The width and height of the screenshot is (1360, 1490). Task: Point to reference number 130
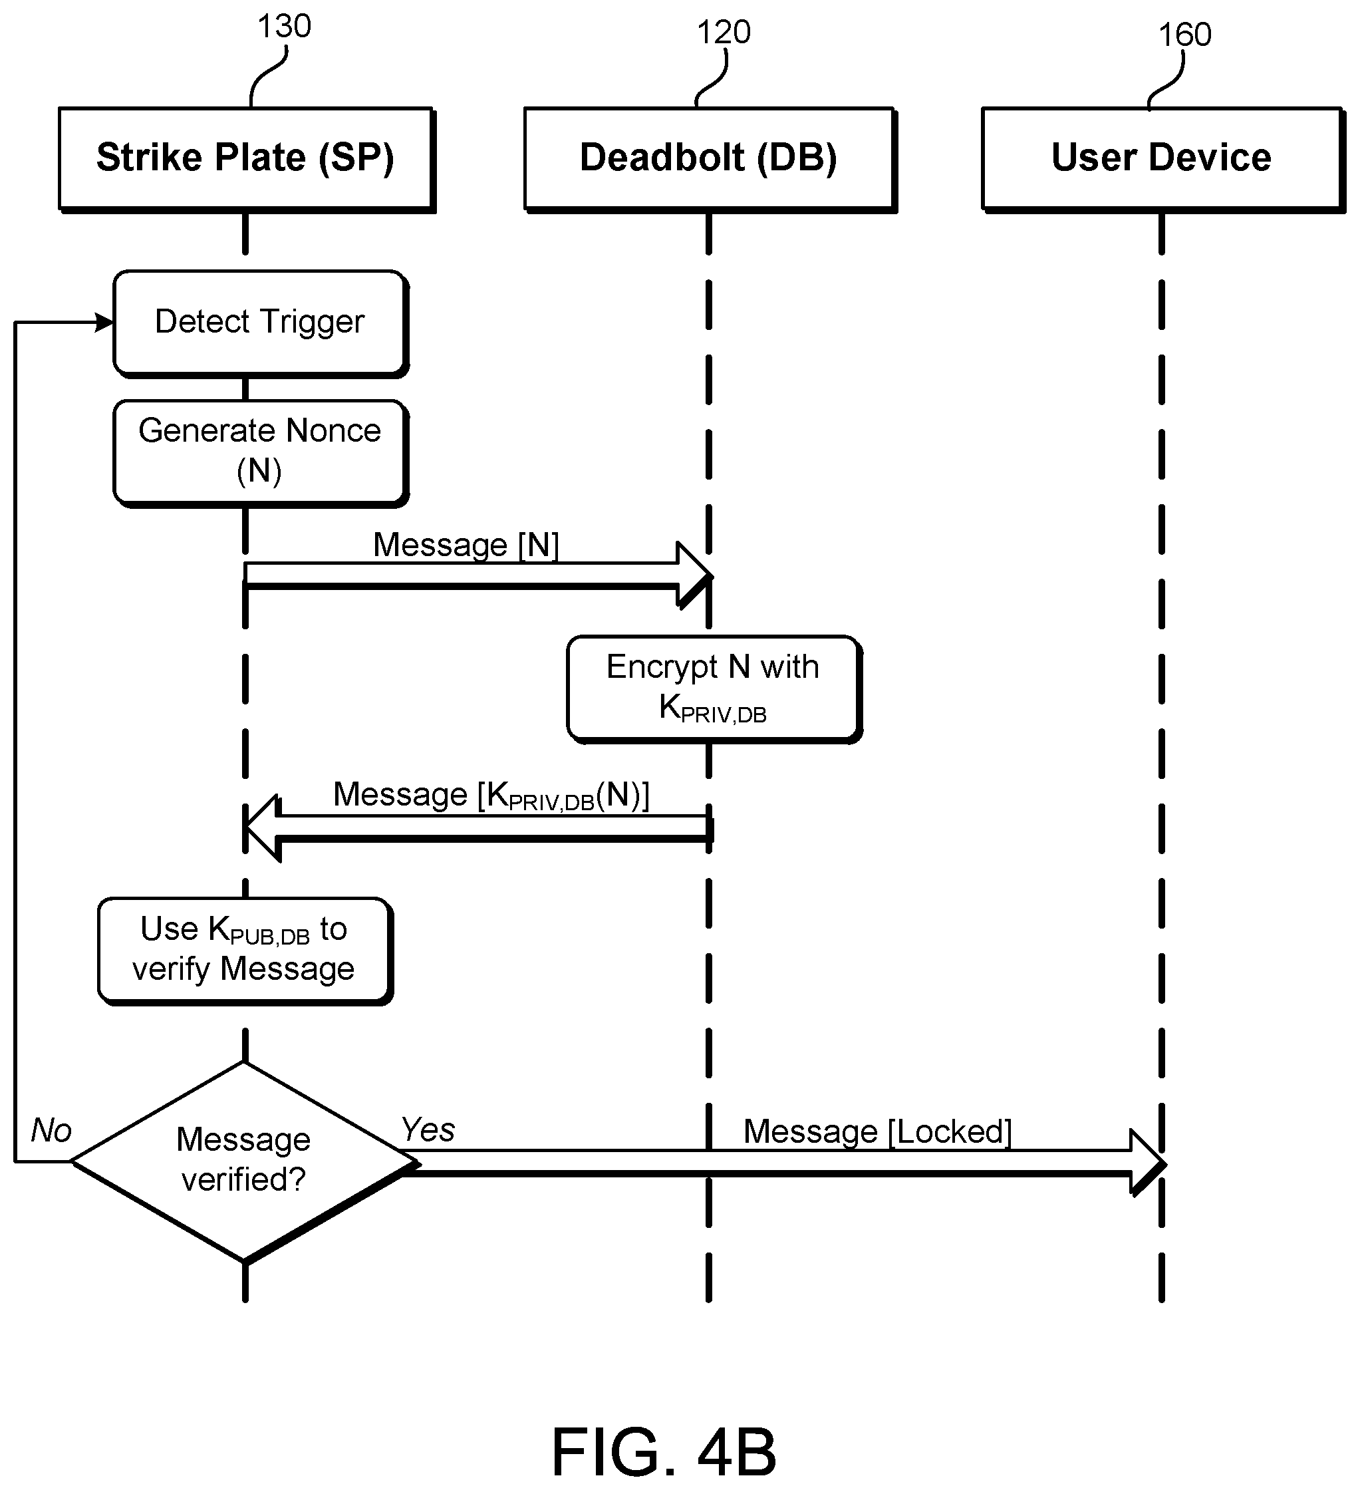point(284,27)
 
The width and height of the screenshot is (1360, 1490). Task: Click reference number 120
point(724,33)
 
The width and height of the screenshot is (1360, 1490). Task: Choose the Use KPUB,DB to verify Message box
point(245,951)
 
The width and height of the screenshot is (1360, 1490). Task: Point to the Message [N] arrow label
point(466,545)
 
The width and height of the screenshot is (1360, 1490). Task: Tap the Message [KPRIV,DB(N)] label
point(491,796)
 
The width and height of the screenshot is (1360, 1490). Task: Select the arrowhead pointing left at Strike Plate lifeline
point(263,827)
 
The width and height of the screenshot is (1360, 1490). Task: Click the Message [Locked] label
point(877,1131)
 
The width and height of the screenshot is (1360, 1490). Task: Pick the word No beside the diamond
point(51,1131)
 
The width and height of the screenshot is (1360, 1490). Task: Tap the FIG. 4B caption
point(664,1451)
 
